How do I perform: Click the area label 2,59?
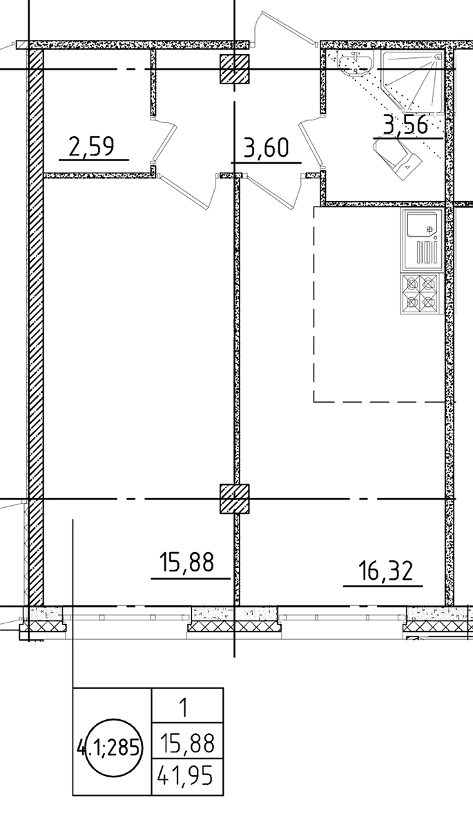(x=91, y=146)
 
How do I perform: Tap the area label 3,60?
(x=266, y=149)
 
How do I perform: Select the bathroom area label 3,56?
(x=405, y=126)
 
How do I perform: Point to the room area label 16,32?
(x=385, y=571)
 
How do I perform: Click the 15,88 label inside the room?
(x=187, y=562)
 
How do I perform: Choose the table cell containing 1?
(x=187, y=707)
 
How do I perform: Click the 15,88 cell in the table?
(x=187, y=742)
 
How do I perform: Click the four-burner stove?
(x=421, y=293)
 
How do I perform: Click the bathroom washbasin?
(x=355, y=62)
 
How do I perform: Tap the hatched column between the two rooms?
(x=235, y=499)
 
